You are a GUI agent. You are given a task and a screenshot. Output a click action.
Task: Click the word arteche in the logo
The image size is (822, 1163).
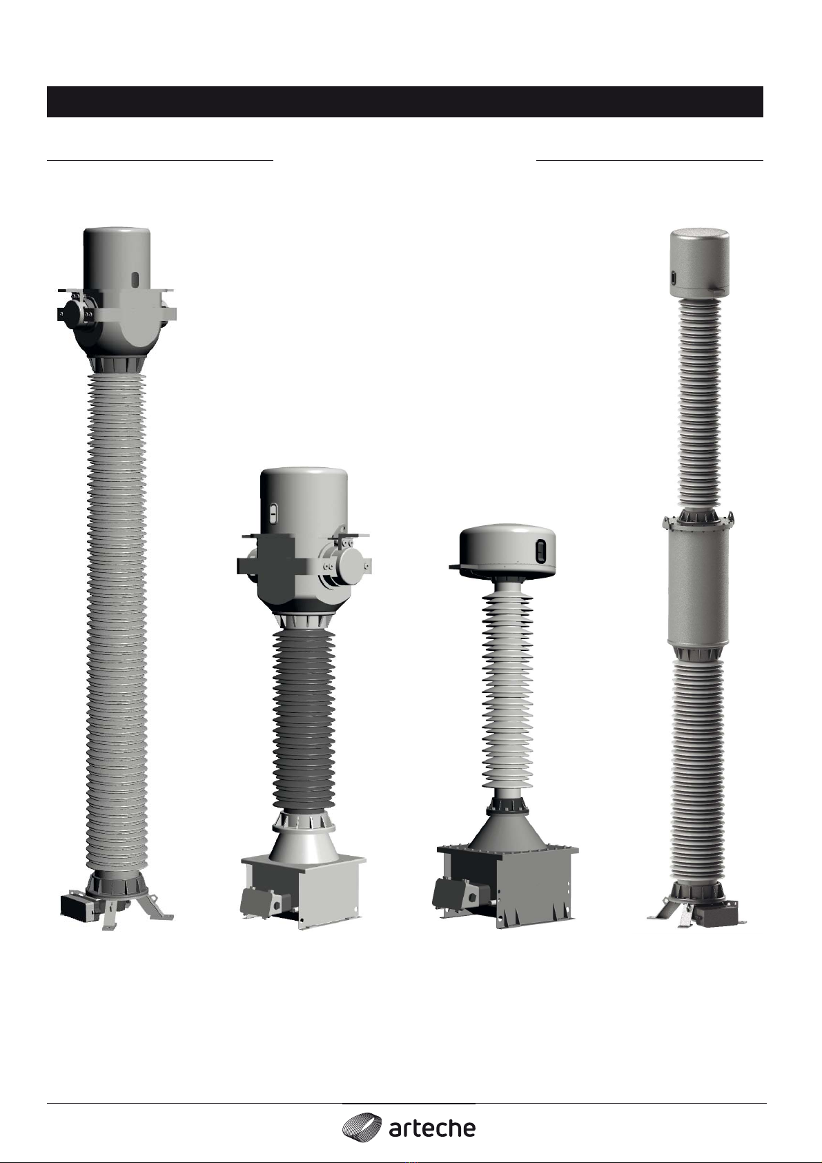click(431, 1125)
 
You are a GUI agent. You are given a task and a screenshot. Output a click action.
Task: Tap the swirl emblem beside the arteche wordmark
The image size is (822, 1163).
click(362, 1124)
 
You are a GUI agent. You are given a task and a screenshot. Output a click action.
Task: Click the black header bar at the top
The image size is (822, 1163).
click(405, 101)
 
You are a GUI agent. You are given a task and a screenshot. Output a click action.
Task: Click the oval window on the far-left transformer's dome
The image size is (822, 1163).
click(135, 279)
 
